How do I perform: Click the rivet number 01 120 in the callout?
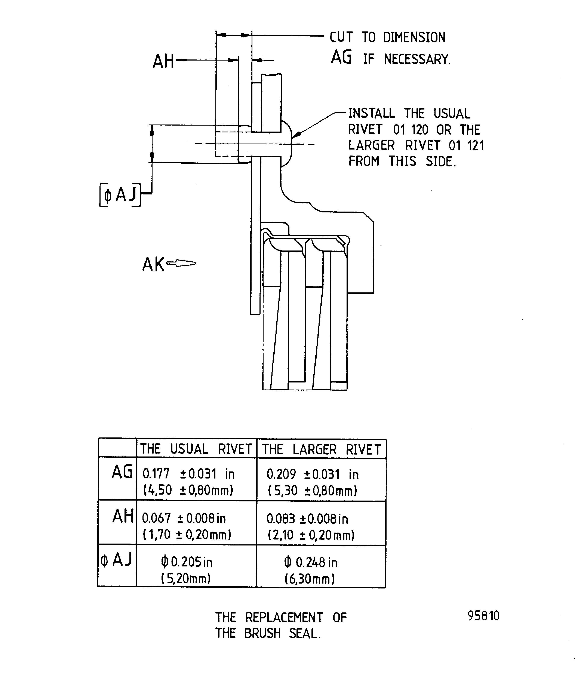411,130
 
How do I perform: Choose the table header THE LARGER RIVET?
321,450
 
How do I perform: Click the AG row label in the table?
122,472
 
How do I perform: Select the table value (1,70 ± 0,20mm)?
187,535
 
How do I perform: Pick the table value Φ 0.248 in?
311,562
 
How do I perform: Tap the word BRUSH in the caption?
262,634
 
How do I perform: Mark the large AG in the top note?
341,58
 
